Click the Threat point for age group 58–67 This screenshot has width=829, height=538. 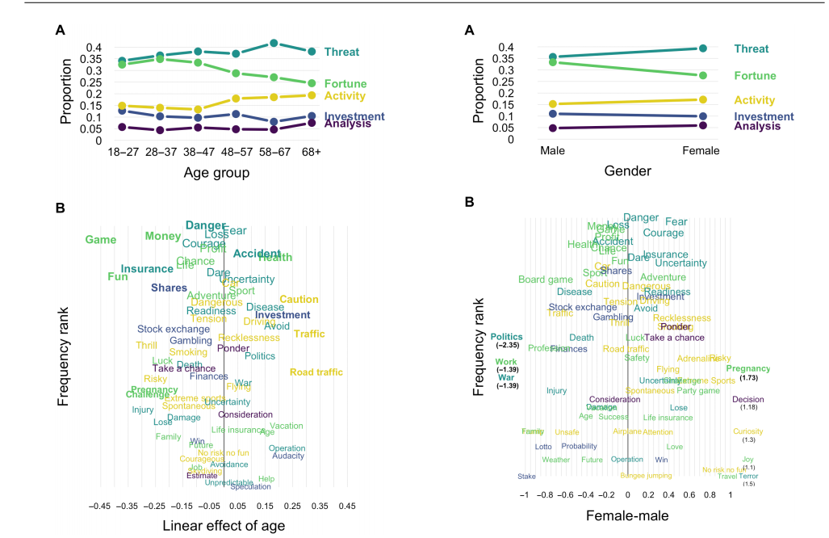(x=274, y=43)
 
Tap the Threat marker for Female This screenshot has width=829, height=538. (x=702, y=48)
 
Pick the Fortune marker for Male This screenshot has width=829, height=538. (x=553, y=62)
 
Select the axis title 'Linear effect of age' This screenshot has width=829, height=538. (x=224, y=526)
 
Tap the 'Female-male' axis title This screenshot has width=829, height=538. (x=627, y=515)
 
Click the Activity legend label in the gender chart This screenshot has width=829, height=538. (x=755, y=100)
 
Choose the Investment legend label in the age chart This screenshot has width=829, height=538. (x=354, y=116)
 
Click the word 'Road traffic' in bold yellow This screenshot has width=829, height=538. (x=316, y=372)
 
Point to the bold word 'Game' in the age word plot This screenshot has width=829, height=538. (x=101, y=240)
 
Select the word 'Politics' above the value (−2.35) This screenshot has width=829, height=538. (x=506, y=337)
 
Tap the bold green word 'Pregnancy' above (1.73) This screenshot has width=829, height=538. (x=747, y=368)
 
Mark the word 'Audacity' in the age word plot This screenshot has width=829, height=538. (x=288, y=456)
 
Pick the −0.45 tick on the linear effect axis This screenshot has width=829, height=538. (x=99, y=506)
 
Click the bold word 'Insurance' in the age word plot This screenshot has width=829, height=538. (x=147, y=269)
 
